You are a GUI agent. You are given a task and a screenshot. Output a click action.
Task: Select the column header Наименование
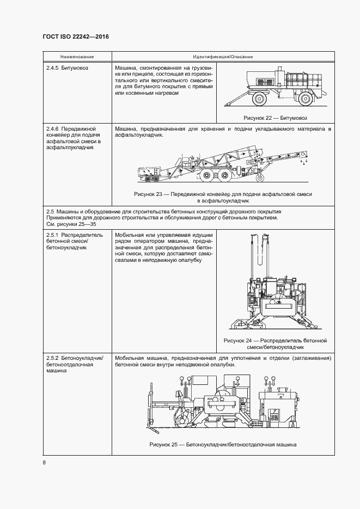click(77, 57)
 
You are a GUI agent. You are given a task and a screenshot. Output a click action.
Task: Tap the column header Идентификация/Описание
click(222, 57)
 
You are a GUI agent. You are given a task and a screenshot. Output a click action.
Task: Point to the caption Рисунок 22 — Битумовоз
click(274, 117)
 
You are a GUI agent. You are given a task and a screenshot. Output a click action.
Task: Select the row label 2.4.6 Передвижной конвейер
click(71, 129)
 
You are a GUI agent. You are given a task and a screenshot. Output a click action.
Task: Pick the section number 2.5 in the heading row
click(50, 211)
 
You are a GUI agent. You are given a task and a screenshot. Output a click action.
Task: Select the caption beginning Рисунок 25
click(222, 445)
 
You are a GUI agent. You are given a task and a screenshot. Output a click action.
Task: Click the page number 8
click(44, 463)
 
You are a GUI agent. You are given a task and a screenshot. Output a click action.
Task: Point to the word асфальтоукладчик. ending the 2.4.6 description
click(139, 136)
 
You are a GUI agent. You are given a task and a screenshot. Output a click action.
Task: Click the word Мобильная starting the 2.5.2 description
click(129, 358)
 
